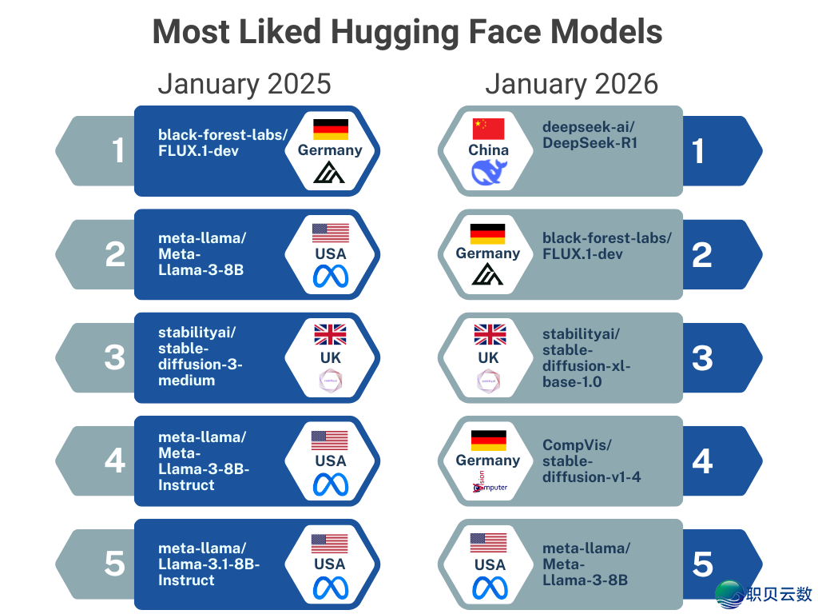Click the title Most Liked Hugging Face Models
407,33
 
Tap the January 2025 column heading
244,84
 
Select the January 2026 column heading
572,84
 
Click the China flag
489,129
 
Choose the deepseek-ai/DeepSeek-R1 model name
590,134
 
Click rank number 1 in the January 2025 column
118,150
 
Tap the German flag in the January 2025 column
330,129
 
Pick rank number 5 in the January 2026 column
702,564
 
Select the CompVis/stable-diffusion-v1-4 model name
591,461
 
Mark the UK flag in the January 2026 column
489,335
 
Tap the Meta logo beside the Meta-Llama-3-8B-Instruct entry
330,484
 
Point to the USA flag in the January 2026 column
489,543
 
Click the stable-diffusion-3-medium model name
200,357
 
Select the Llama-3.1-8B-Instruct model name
208,564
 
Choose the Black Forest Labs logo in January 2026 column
487,275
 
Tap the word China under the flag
489,150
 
